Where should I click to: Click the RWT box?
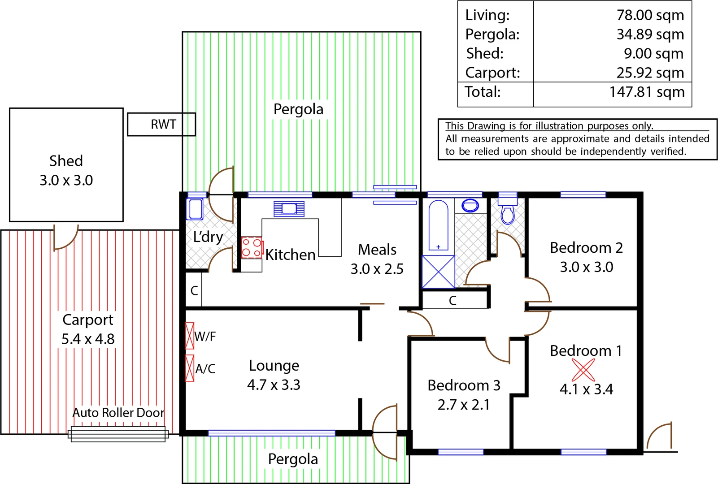[x=161, y=124]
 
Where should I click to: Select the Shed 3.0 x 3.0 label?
[x=66, y=170]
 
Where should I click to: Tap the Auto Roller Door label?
[x=118, y=412]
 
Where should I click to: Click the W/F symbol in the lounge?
[x=190, y=336]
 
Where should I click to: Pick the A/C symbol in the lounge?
[x=190, y=368]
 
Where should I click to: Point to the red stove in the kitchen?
[x=252, y=247]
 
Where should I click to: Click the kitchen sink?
[x=289, y=209]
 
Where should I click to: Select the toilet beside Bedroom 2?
[x=508, y=212]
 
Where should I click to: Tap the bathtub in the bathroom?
[x=438, y=225]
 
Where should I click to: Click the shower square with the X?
[x=438, y=272]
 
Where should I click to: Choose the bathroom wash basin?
[x=470, y=206]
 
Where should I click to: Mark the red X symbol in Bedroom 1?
[x=583, y=370]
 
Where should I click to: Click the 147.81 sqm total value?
[x=646, y=92]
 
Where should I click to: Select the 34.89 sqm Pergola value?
[x=650, y=34]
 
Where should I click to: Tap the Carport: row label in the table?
[x=492, y=73]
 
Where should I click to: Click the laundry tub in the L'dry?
[x=195, y=209]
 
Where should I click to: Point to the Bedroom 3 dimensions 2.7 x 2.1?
[x=463, y=405]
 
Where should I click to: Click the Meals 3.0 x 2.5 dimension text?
[x=377, y=269]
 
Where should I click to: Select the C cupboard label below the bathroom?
[x=453, y=300]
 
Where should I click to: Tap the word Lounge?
[x=274, y=366]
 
